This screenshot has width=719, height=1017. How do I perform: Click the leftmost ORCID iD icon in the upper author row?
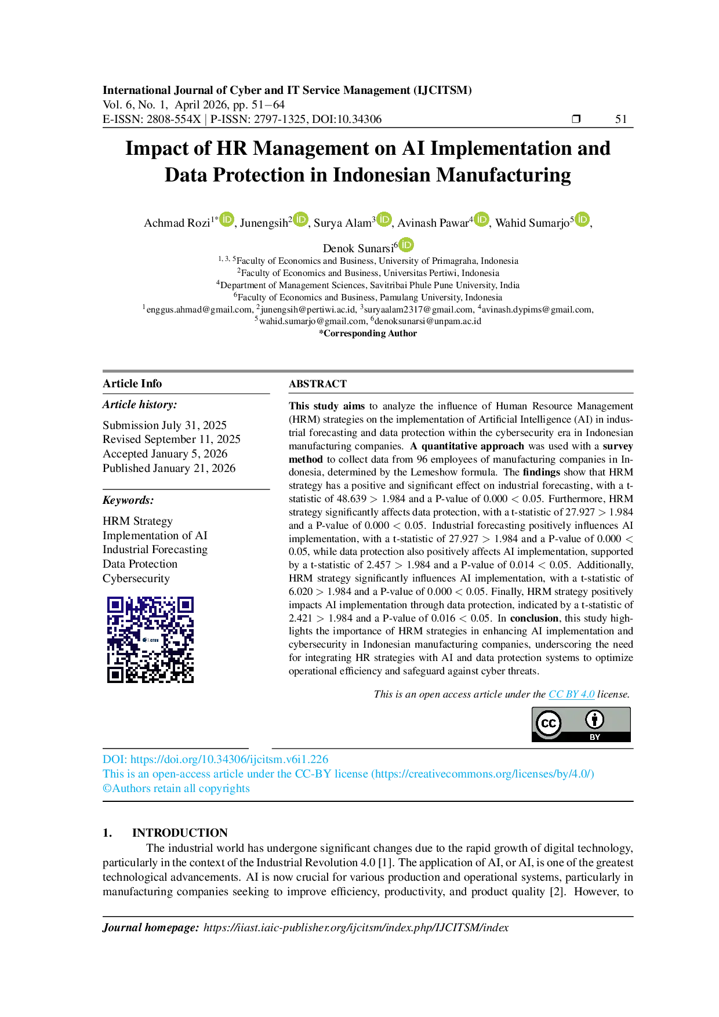tap(226, 219)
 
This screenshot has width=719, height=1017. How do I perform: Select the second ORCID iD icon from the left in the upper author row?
tap(300, 219)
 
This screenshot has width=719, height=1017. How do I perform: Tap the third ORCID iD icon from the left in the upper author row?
tap(384, 219)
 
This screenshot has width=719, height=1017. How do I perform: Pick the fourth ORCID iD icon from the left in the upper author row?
tap(481, 219)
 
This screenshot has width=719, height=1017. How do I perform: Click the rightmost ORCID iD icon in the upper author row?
tap(582, 219)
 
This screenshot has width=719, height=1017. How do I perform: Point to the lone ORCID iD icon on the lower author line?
tap(406, 245)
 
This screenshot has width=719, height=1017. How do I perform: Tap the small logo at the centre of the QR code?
tap(151, 640)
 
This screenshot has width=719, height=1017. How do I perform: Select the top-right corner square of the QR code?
tap(186, 604)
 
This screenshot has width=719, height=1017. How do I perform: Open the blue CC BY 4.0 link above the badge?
tap(571, 694)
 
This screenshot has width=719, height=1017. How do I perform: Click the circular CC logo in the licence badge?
tap(548, 723)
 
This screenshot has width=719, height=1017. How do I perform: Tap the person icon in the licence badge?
tap(594, 720)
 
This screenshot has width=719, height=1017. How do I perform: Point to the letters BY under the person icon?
tap(594, 737)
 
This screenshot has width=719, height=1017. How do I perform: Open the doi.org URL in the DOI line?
tap(229, 759)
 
